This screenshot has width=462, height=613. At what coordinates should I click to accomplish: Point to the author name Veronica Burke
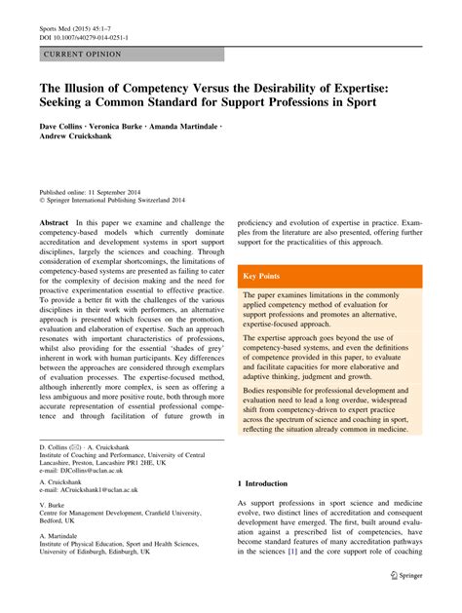click(119, 127)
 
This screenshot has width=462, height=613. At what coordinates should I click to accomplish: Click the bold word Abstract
click(54, 223)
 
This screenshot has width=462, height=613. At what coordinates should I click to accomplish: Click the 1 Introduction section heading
click(263, 483)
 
